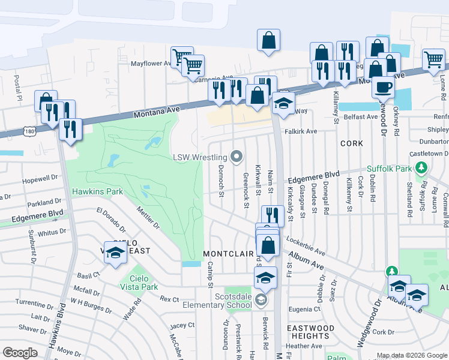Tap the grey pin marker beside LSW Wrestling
tap(237, 157)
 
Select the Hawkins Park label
tap(97, 192)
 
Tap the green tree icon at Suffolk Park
tap(422, 167)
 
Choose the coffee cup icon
tap(382, 87)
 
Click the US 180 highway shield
tap(29, 130)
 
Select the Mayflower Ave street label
tap(151, 63)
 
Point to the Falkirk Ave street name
tap(301, 131)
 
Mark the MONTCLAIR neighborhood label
tap(228, 254)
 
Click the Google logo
tap(20, 353)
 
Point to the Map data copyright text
tap(411, 356)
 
